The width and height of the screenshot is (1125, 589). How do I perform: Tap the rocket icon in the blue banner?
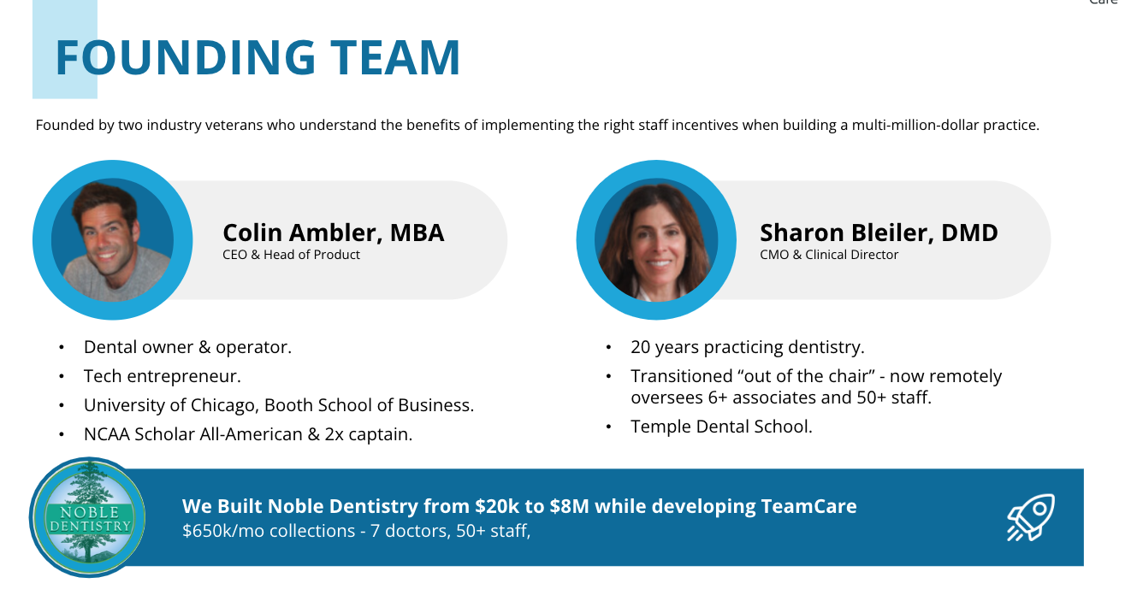click(1031, 517)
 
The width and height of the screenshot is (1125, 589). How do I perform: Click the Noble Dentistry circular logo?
click(88, 517)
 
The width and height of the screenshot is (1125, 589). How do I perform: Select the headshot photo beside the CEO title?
click(113, 240)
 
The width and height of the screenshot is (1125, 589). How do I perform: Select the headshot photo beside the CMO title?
click(656, 240)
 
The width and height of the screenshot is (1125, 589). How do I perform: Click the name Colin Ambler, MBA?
click(334, 233)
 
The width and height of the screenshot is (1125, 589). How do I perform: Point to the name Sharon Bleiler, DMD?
click(879, 233)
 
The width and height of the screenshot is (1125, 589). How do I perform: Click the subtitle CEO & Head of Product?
click(291, 255)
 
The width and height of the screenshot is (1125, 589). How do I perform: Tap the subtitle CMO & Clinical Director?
click(829, 255)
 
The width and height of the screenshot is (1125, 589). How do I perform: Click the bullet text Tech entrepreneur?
click(163, 376)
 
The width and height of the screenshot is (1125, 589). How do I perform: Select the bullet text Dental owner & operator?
click(188, 347)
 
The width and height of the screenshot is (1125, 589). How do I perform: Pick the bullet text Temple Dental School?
click(722, 427)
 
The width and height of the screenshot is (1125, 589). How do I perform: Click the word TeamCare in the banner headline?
click(808, 506)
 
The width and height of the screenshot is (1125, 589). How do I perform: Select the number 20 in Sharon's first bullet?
click(640, 347)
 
